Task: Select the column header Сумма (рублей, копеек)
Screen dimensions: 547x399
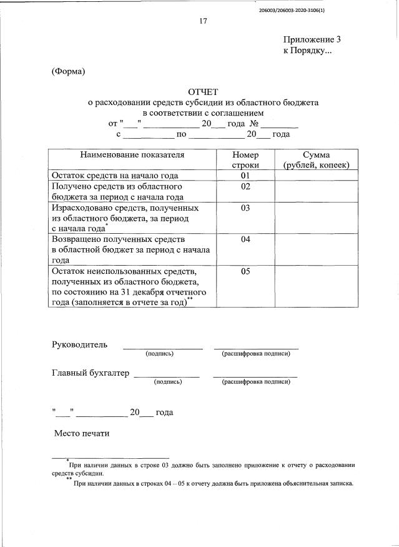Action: (316, 159)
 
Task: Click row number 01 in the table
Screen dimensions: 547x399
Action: (245, 176)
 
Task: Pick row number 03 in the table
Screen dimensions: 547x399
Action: (245, 208)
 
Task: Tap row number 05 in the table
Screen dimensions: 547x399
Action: (245, 271)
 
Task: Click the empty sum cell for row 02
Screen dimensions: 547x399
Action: (316, 191)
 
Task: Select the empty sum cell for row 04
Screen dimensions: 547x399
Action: (316, 249)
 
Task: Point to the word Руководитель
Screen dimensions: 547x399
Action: (79, 344)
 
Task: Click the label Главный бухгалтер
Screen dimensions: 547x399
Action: (90, 373)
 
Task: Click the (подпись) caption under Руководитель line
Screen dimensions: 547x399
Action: (159, 354)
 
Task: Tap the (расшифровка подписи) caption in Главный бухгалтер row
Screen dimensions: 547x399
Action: (255, 381)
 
